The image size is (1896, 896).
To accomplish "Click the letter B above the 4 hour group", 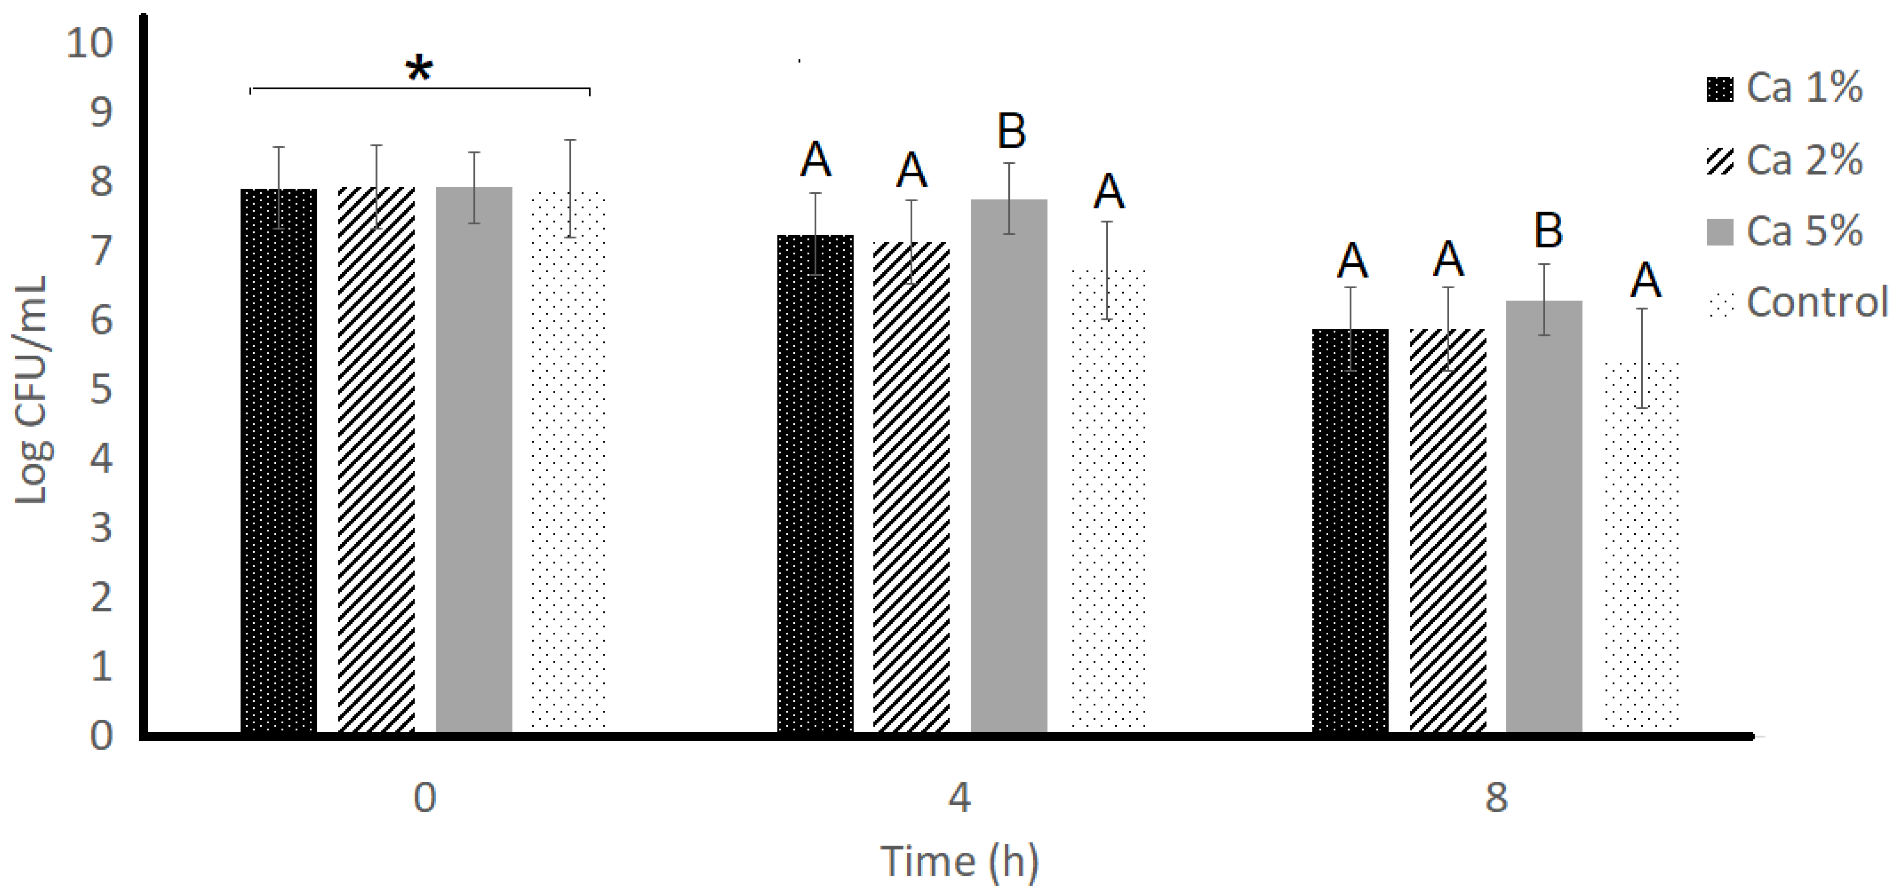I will [x=1012, y=133].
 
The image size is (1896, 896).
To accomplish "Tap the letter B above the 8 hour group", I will [x=1548, y=230].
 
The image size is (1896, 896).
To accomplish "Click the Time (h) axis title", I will [x=959, y=861].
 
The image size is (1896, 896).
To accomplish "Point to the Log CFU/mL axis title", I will [x=31, y=390].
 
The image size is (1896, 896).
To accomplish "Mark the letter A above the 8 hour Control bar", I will [x=1646, y=280].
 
